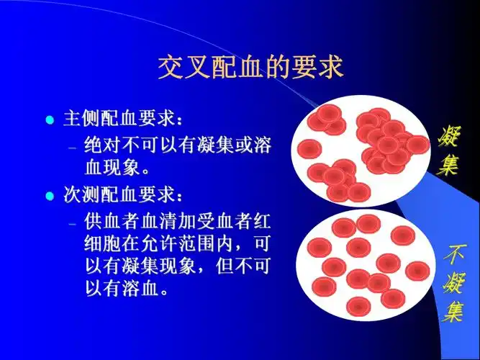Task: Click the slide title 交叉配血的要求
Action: pos(250,68)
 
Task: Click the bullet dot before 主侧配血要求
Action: pos(50,120)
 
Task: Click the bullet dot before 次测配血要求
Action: pos(50,195)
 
